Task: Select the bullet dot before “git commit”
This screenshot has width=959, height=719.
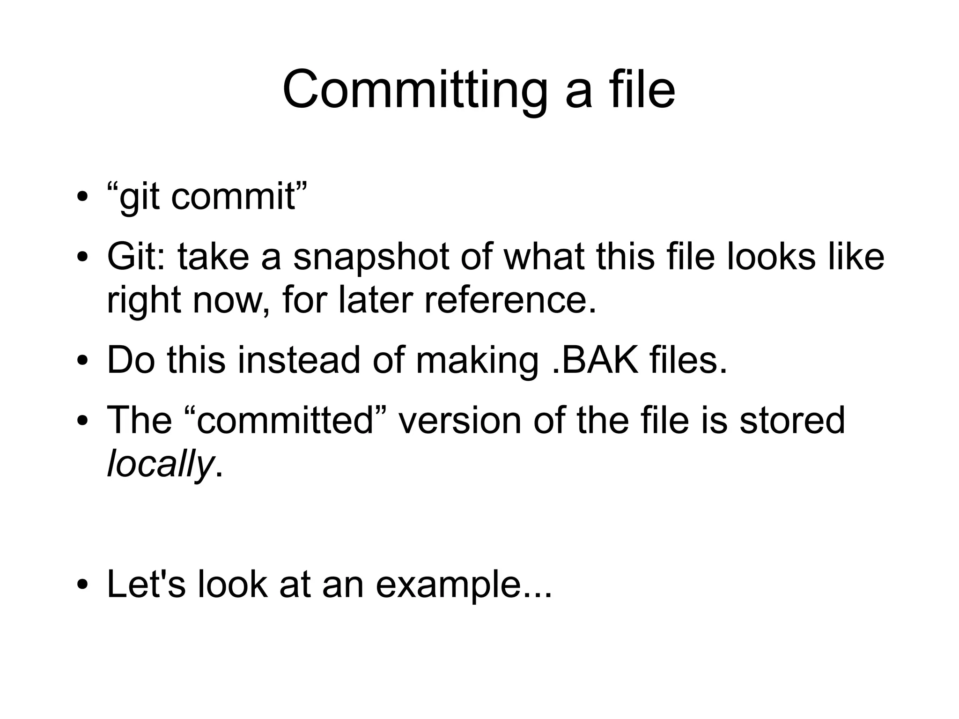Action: click(83, 197)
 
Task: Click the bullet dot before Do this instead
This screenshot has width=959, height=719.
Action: click(83, 361)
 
